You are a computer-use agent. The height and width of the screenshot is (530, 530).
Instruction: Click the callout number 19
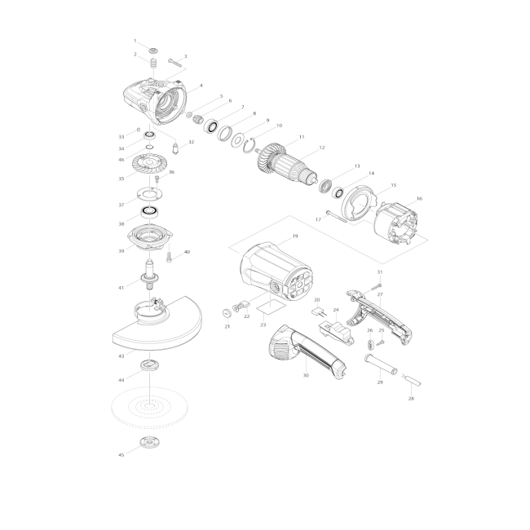(x=295, y=236)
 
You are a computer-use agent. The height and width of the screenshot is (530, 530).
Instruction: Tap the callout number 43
(x=121, y=356)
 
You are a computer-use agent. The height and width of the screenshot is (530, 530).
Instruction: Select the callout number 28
(x=411, y=399)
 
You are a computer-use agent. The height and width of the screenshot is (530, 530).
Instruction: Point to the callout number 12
(x=322, y=148)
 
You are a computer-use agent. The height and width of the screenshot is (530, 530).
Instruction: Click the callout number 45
(x=121, y=455)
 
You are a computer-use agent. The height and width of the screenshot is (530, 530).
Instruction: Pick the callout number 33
(x=121, y=137)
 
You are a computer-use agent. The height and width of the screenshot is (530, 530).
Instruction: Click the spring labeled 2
(x=154, y=63)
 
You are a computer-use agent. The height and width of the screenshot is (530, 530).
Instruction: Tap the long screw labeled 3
(x=174, y=63)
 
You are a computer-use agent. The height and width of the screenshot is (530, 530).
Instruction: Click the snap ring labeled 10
(x=250, y=145)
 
